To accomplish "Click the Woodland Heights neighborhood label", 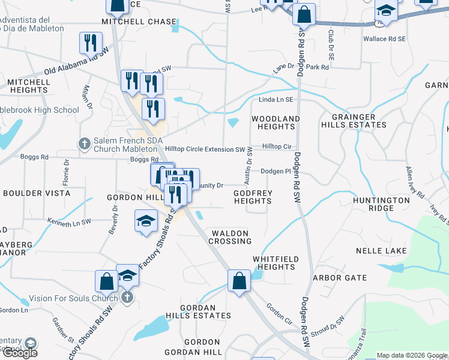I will point(275,123).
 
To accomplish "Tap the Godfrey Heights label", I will point(253,197).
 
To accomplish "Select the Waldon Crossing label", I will point(230,236).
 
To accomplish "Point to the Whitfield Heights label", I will point(276,263).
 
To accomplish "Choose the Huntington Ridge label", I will point(382,204).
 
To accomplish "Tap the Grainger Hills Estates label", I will point(357,121).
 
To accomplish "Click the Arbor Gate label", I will point(339,278).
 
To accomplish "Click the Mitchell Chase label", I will point(131,21).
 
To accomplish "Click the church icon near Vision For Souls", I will point(127,298).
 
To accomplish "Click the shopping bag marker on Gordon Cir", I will point(239,280).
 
